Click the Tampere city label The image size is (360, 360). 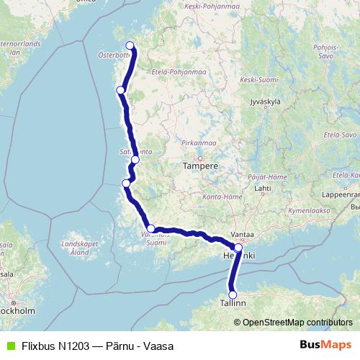tap(200, 166)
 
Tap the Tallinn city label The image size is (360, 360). tap(233, 305)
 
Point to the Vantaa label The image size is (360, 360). tap(242, 235)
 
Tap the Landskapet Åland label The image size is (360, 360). tap(73, 249)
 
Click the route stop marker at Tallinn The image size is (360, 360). tap(233, 294)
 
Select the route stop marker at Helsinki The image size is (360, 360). tap(238, 247)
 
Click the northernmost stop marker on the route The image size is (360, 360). tap(130, 46)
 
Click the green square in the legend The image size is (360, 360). tap(9, 346)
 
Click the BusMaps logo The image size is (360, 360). tap(325, 345)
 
